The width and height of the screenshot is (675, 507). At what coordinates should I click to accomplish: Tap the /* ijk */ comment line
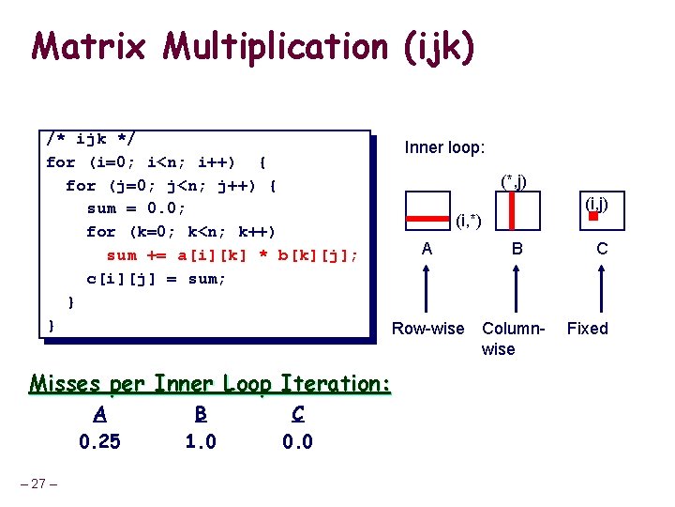click(x=91, y=139)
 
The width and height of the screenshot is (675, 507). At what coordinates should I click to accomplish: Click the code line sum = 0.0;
click(x=137, y=208)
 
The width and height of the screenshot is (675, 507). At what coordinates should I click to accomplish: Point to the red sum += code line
click(x=232, y=255)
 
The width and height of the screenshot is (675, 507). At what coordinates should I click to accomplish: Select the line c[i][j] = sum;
click(x=156, y=279)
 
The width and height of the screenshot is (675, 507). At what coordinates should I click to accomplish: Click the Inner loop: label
click(x=444, y=147)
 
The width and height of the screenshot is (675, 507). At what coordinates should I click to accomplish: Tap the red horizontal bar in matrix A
click(x=427, y=219)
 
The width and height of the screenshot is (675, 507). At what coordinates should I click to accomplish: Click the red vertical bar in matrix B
click(x=512, y=211)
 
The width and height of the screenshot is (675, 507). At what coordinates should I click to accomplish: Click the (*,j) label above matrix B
click(x=513, y=180)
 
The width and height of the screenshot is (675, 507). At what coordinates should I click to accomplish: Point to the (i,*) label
click(x=469, y=223)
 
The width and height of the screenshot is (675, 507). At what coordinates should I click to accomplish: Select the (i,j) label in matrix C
click(x=597, y=203)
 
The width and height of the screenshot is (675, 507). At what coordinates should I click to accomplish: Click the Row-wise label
click(x=427, y=329)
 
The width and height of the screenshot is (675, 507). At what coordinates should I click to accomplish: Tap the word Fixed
click(x=588, y=329)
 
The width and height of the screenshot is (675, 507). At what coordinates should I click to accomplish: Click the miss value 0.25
click(x=99, y=442)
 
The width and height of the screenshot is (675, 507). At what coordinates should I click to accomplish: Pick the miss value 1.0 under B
click(x=201, y=442)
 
